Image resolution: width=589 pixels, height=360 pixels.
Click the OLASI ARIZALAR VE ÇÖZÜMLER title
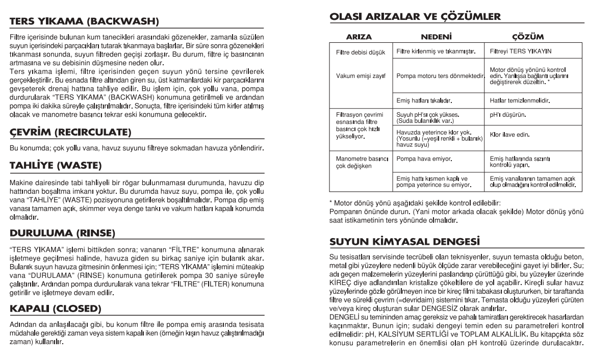tap(416, 16)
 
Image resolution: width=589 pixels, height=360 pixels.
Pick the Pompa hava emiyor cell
tap(427, 160)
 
